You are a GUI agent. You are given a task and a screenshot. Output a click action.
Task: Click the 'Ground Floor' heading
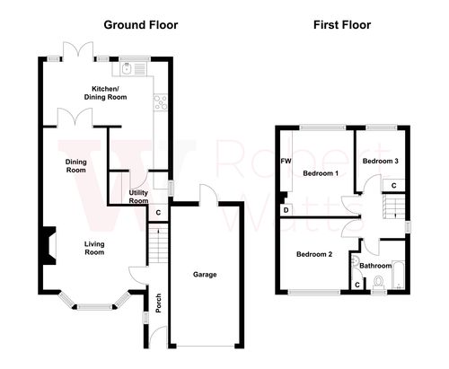coord(140,25)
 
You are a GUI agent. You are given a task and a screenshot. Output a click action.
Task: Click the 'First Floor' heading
coord(342,25)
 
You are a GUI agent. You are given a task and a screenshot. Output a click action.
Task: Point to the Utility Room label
coord(138,198)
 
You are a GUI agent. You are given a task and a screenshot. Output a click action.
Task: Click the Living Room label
coord(94,249)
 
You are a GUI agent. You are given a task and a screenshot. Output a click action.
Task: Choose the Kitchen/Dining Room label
coord(106,92)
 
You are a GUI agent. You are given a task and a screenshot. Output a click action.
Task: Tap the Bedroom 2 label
coord(314,254)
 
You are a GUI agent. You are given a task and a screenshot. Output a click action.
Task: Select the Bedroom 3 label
coord(380,161)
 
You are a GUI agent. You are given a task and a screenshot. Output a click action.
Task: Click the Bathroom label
coord(375,266)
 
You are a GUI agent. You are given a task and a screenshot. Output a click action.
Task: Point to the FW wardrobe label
coord(286,162)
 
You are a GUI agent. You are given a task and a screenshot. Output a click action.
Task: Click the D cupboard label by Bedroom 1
coord(286,210)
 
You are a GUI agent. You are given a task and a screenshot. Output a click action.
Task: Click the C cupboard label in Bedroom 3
coord(392,185)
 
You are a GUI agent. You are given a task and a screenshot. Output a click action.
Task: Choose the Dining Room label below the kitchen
coord(75,166)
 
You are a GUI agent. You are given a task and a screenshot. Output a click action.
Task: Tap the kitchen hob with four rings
coord(162,103)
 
